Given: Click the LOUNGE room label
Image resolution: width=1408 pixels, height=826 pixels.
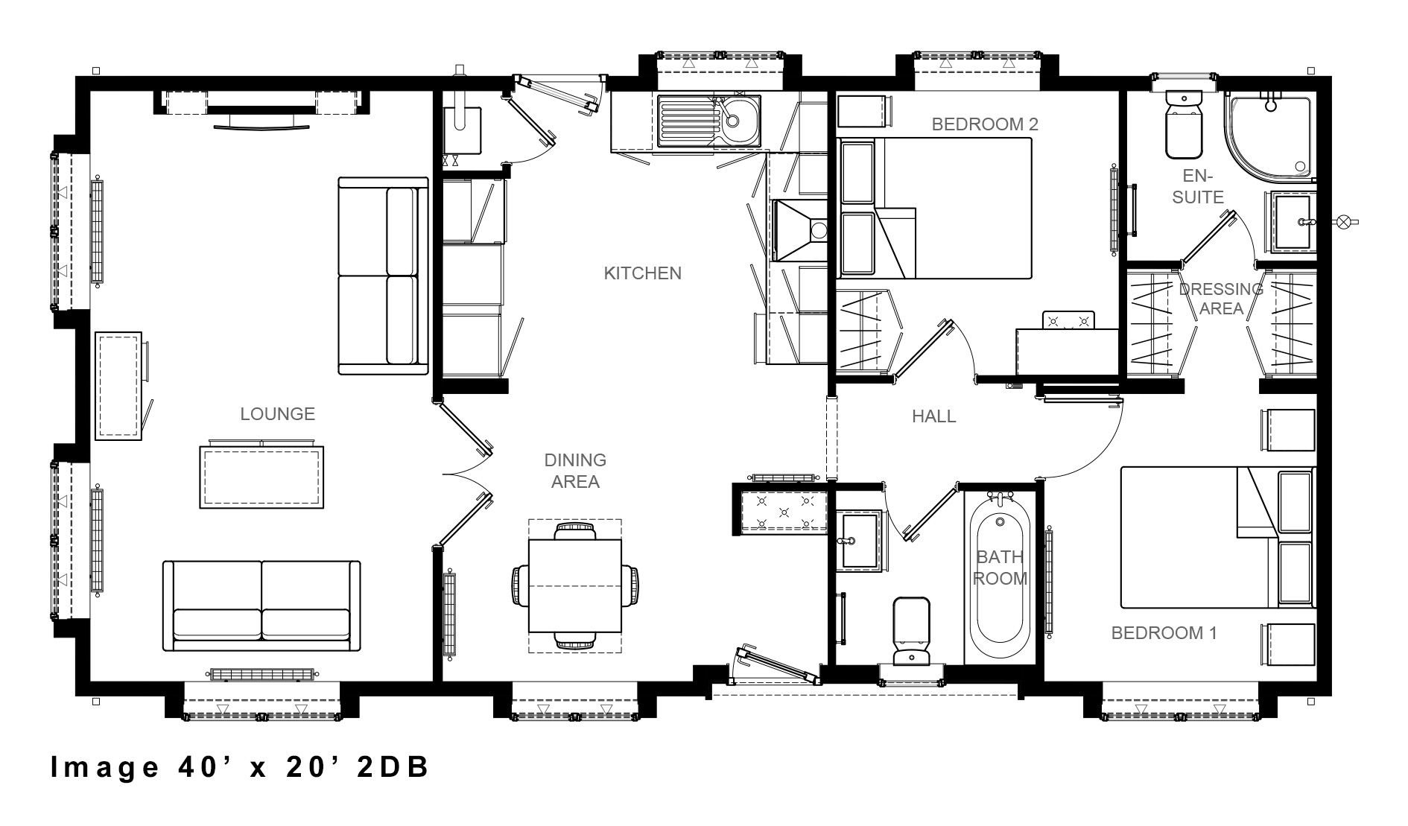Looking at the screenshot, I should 277,414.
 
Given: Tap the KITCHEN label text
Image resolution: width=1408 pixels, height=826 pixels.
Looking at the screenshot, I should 642,273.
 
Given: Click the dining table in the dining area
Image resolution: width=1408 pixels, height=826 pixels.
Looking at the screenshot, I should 574,586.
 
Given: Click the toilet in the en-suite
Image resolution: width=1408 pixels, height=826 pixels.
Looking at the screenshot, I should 1182,127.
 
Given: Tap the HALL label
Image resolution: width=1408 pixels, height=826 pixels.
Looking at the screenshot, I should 933,416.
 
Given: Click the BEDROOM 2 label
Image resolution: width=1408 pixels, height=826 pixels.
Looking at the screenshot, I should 984,124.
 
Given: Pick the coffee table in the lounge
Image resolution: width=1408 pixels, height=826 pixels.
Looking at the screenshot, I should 261,477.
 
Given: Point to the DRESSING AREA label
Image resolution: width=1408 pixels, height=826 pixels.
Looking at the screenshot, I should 1221,299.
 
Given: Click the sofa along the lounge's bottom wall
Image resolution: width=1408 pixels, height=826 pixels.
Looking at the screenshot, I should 261,606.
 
